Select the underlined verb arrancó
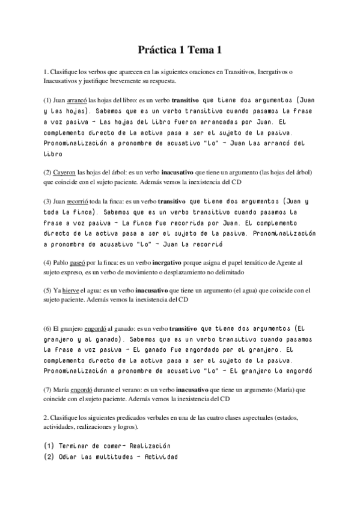[x=78, y=99]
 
